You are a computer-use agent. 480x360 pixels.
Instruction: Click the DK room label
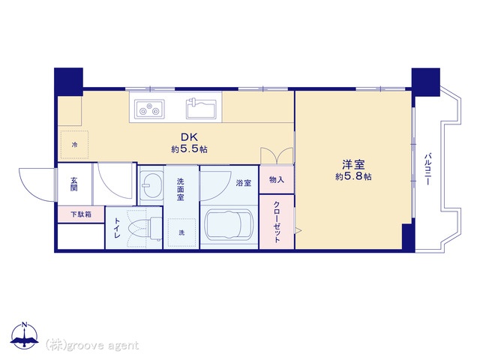point(190,136)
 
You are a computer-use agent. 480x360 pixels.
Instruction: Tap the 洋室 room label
point(353,165)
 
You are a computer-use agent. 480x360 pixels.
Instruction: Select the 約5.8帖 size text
point(353,177)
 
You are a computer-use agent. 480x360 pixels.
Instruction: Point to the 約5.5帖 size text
point(190,149)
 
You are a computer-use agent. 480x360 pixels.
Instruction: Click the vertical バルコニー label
point(427,169)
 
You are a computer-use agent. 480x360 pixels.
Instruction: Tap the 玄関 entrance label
point(73,184)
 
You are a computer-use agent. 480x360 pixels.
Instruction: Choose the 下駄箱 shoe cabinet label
point(81,214)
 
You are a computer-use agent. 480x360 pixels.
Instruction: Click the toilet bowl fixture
point(145,228)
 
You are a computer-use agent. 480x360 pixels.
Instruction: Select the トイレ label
point(117,228)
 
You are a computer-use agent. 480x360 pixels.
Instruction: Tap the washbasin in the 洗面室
point(151,185)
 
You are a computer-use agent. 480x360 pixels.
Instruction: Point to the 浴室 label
point(244,183)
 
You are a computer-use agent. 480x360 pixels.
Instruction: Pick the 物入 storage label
point(277,180)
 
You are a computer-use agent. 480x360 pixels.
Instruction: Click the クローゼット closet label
point(277,222)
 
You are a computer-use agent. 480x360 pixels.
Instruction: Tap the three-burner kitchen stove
point(150,109)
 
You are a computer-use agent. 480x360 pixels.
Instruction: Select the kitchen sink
point(202,108)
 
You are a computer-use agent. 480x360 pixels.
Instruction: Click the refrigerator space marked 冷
point(74,145)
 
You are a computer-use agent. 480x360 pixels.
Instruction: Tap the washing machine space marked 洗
point(181,233)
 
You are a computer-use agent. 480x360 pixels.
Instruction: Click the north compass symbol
point(25,335)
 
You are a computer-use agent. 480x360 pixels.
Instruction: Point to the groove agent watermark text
point(92,345)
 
